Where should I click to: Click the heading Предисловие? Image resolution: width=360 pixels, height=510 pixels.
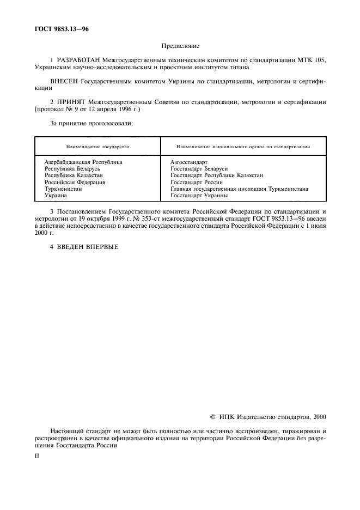[x=180, y=47]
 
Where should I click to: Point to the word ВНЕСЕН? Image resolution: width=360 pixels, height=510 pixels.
[x=64, y=80]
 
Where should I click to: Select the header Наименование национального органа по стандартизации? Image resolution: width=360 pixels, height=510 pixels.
[x=244, y=147]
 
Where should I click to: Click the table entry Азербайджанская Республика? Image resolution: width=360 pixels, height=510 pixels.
[x=83, y=162]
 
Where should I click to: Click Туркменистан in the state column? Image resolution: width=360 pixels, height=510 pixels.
[x=63, y=189]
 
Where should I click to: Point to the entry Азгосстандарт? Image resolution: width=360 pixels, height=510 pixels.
[x=188, y=162]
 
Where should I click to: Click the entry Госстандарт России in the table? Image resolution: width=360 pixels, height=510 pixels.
[x=197, y=182]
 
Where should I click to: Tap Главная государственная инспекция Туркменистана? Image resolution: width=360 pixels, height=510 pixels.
[x=239, y=189]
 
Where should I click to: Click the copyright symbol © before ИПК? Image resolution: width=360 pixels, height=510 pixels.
[x=212, y=417]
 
